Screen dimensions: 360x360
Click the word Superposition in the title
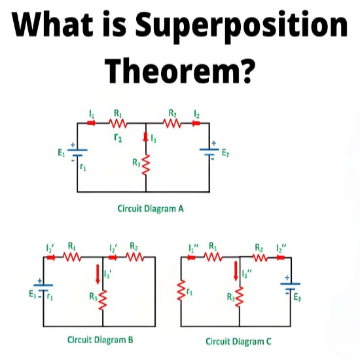(242, 27)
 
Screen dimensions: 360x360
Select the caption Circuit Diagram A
(151, 209)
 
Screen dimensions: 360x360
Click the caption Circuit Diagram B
(100, 340)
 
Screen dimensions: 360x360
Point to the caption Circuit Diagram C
(238, 341)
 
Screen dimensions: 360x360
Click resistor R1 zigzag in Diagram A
(118, 123)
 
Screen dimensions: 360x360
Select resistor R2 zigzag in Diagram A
(172, 123)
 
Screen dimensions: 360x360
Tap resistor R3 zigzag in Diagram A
(146, 165)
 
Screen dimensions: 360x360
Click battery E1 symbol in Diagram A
(77, 153)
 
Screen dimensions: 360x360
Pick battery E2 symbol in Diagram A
(209, 152)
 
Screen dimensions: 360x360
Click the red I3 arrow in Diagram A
(145, 137)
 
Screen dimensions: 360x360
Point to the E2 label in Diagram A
(225, 153)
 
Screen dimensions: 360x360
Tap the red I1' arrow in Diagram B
(51, 257)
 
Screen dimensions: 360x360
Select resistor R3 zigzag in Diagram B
(103, 300)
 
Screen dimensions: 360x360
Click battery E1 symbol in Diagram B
(43, 288)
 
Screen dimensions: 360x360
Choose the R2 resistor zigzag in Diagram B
(135, 257)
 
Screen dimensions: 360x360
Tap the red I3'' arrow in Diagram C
(236, 271)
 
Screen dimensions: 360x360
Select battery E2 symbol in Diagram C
(290, 286)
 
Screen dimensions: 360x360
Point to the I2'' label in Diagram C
(281, 248)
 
